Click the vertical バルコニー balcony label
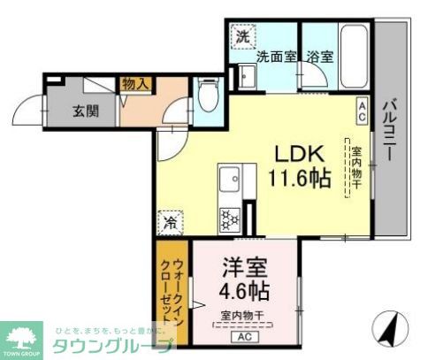[x=389, y=133]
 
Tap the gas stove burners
[x=230, y=217]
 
